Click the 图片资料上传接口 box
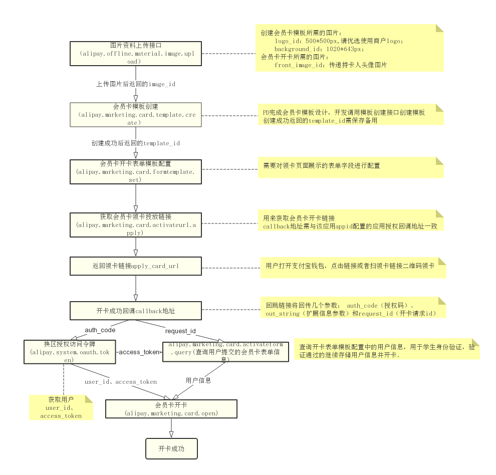(x=135, y=53)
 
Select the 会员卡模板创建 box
(x=135, y=115)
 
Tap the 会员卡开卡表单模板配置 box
(x=135, y=171)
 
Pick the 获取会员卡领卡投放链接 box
(x=135, y=225)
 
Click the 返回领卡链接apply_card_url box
(x=135, y=266)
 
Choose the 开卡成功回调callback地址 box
(x=135, y=311)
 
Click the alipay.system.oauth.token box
(x=70, y=352)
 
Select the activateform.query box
(x=225, y=352)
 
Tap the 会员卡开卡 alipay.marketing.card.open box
(x=171, y=409)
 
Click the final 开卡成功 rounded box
(x=171, y=448)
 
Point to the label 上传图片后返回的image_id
(x=136, y=84)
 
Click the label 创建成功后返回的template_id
(x=136, y=143)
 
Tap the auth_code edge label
(x=100, y=330)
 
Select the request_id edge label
(x=180, y=331)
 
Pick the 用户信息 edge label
(x=198, y=380)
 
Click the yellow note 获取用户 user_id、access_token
(x=61, y=408)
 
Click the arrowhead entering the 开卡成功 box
(x=171, y=434)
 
